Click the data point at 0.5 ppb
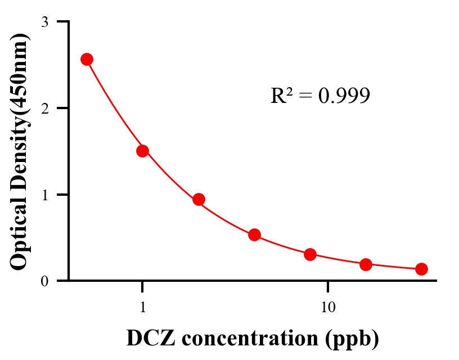[x=87, y=60]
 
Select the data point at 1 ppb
[x=142, y=151]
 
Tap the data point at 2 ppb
[x=199, y=199]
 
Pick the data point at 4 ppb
[x=254, y=235]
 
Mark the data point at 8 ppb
[x=310, y=254]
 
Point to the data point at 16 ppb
[x=366, y=264]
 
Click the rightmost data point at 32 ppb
[x=421, y=269]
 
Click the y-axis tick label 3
[x=44, y=22]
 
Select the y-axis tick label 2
[x=44, y=108]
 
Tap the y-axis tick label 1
[x=44, y=195]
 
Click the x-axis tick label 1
[x=142, y=308]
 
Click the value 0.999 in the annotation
[x=344, y=96]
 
